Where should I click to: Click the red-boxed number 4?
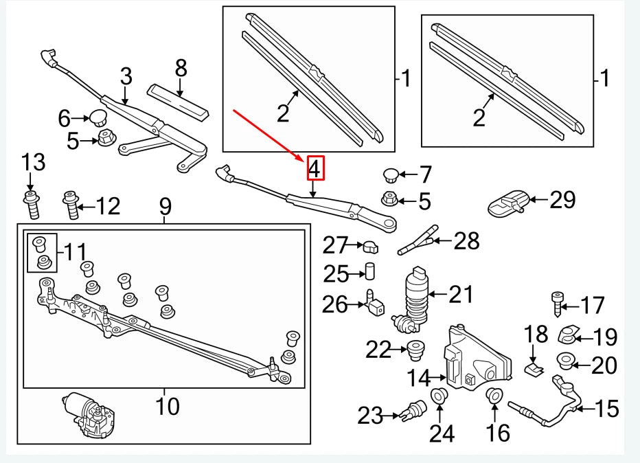(x=315, y=168)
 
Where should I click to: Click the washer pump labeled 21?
(x=414, y=295)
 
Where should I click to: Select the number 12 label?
(x=108, y=205)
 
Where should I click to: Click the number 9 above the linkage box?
(x=165, y=205)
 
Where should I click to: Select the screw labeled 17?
(x=556, y=302)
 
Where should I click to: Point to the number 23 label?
(x=371, y=415)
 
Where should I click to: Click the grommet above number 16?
(x=493, y=396)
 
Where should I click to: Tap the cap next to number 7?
(x=391, y=173)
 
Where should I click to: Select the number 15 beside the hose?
(x=606, y=409)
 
